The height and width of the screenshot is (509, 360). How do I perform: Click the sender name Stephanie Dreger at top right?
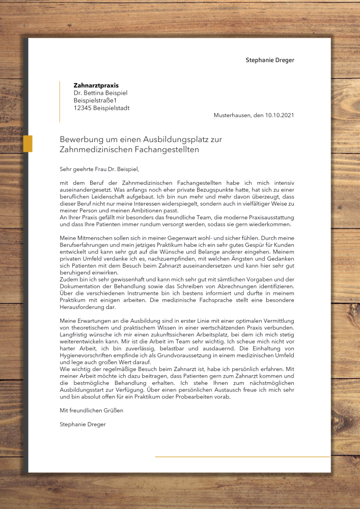point(270,60)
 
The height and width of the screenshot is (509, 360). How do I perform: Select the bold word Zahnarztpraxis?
point(96,86)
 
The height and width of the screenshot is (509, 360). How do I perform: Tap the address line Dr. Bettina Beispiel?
point(100,93)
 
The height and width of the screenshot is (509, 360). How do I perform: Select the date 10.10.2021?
point(280,116)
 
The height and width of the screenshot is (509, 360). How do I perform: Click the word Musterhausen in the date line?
point(232,116)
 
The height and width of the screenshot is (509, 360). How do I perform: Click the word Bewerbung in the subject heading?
point(80,139)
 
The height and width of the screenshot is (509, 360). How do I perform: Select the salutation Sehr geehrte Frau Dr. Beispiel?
point(99,168)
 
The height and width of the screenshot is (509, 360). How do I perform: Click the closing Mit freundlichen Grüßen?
point(91,410)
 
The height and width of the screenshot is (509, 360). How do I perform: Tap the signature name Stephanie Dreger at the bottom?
point(82,423)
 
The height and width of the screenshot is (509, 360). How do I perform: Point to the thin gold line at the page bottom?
point(242,457)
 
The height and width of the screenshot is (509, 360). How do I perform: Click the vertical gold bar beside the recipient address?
point(60,102)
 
